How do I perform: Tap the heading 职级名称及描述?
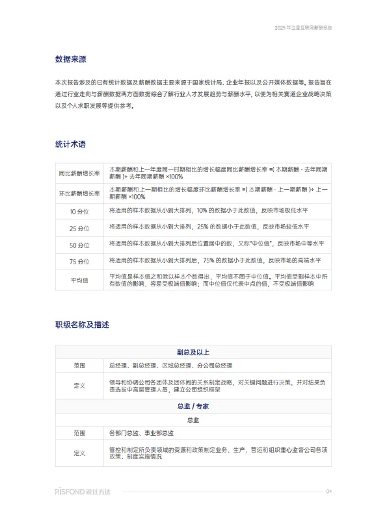pos(82,324)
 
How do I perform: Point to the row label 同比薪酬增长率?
pos(79,173)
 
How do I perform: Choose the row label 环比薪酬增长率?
pos(79,193)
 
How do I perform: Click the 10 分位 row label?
pos(79,212)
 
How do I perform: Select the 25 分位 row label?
pos(79,229)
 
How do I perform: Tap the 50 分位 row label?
pos(79,245)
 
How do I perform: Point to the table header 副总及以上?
pos(193,353)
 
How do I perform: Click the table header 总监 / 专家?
pos(193,406)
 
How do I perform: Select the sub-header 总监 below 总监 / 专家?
pos(193,420)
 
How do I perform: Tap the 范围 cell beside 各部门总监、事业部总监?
pos(79,433)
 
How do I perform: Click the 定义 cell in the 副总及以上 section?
pos(79,386)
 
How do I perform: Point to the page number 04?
pos(328,492)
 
